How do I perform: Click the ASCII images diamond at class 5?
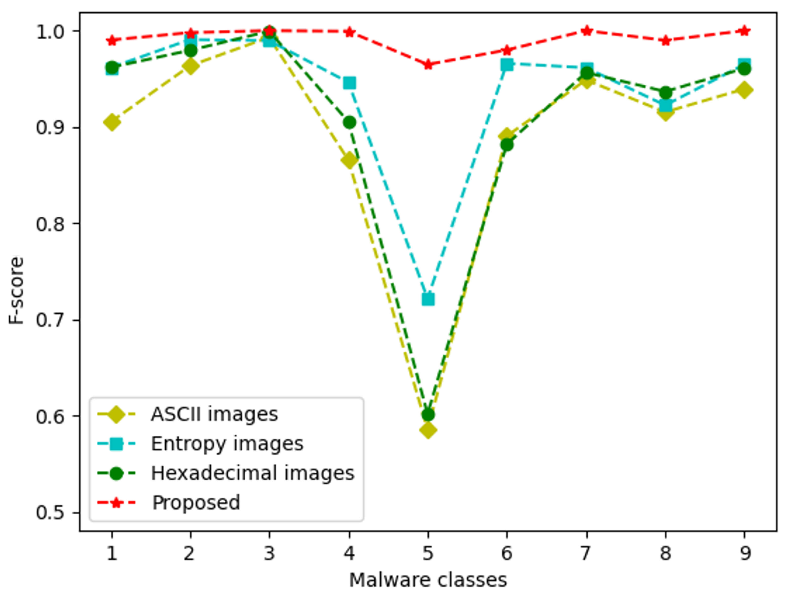pos(428,430)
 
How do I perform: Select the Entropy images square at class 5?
pos(428,299)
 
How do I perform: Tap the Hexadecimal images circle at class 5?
pos(428,415)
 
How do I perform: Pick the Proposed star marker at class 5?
pos(428,65)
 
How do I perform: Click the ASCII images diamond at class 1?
pos(112,122)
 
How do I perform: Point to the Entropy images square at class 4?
pos(349,83)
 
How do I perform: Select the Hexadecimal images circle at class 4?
pos(349,122)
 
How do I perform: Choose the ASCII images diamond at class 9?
pos(744,89)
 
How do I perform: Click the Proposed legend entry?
pos(196,502)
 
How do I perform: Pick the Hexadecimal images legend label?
pos(252,473)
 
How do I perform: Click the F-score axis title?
pos(16,290)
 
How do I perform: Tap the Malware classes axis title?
pos(428,580)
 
